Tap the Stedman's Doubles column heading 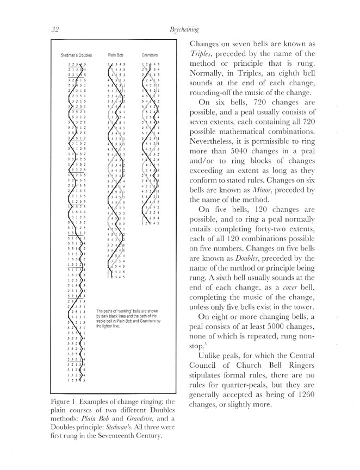pos(76,55)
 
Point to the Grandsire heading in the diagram pos(150,55)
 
